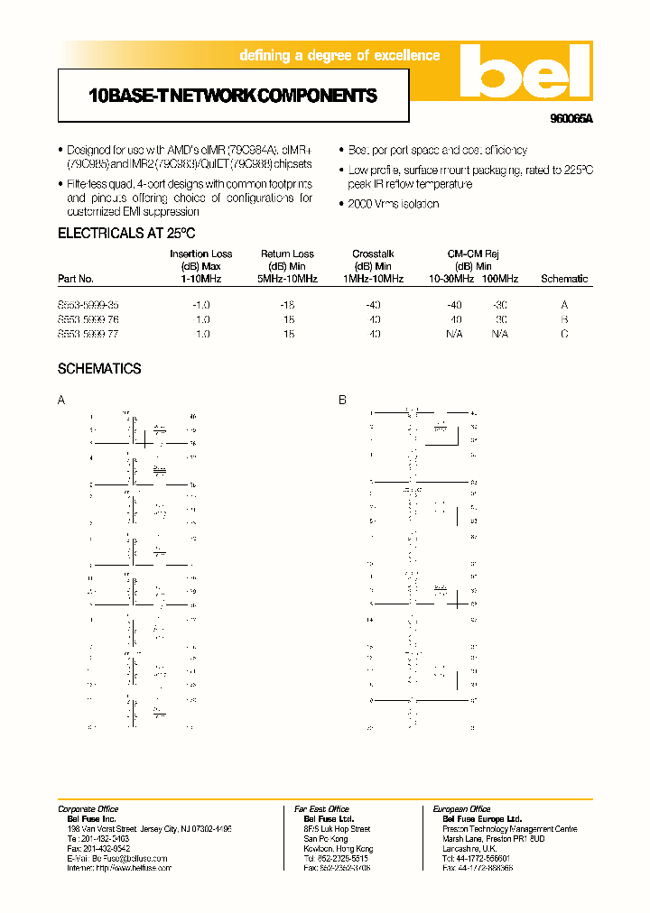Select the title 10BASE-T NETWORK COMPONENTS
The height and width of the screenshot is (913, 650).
233,96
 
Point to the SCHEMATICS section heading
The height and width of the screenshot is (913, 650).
99,369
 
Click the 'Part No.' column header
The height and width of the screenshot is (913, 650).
76,279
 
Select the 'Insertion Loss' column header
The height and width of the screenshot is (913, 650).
201,254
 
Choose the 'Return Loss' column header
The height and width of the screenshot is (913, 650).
287,254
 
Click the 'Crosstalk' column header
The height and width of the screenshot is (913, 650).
373,254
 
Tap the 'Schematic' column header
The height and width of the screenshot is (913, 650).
564,279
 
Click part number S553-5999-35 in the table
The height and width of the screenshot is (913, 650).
88,305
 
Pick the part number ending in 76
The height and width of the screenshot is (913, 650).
88,319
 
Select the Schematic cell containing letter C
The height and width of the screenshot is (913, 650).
564,334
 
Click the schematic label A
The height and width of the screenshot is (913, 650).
61,400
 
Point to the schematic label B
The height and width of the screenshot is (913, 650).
342,400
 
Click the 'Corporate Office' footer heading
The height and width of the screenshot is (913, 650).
88,809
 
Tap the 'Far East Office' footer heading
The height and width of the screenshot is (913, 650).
321,809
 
